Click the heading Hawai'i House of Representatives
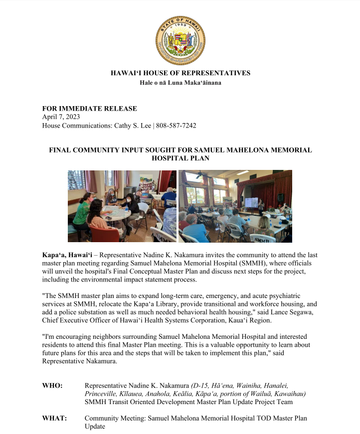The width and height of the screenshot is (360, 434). coord(180,73)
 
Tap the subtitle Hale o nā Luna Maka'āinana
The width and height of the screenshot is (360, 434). coord(180,83)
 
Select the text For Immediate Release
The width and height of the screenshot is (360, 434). coord(89,109)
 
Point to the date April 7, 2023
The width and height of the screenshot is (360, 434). coord(61,117)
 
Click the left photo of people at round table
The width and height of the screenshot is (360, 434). coord(122,206)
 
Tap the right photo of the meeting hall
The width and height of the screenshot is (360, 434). coord(235,206)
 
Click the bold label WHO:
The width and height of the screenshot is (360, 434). coord(52,386)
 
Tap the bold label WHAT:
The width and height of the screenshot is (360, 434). coord(54,419)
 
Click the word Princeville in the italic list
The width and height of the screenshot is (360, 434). coord(102,394)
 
